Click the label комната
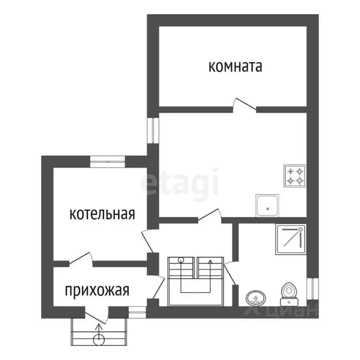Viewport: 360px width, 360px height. click(235, 67)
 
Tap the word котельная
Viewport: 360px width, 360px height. click(102, 214)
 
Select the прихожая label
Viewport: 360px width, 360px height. click(97, 291)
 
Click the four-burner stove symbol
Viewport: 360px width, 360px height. click(295, 176)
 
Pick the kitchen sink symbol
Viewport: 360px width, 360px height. click(268, 205)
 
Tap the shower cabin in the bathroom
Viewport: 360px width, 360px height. click(290, 239)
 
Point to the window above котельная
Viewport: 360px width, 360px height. click(107, 162)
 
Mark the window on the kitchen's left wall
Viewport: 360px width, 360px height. click(152, 129)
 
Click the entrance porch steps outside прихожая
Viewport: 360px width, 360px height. click(98, 332)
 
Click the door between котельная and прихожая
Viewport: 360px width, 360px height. click(80, 259)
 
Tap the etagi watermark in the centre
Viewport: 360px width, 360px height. click(180, 182)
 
